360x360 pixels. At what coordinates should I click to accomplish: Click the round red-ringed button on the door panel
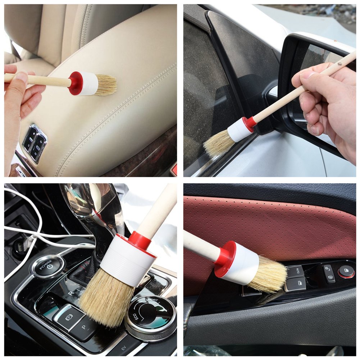pyautogui.click(x=346, y=272)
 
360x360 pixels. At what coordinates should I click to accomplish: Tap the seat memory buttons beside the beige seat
pyautogui.click(x=34, y=142)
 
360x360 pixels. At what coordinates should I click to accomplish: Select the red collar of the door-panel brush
pyautogui.click(x=225, y=259)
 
